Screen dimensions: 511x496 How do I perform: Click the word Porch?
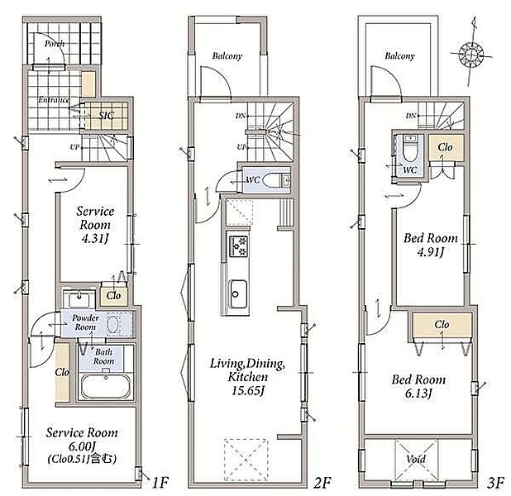coord(55,44)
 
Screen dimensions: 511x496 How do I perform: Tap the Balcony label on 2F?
coord(227,56)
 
